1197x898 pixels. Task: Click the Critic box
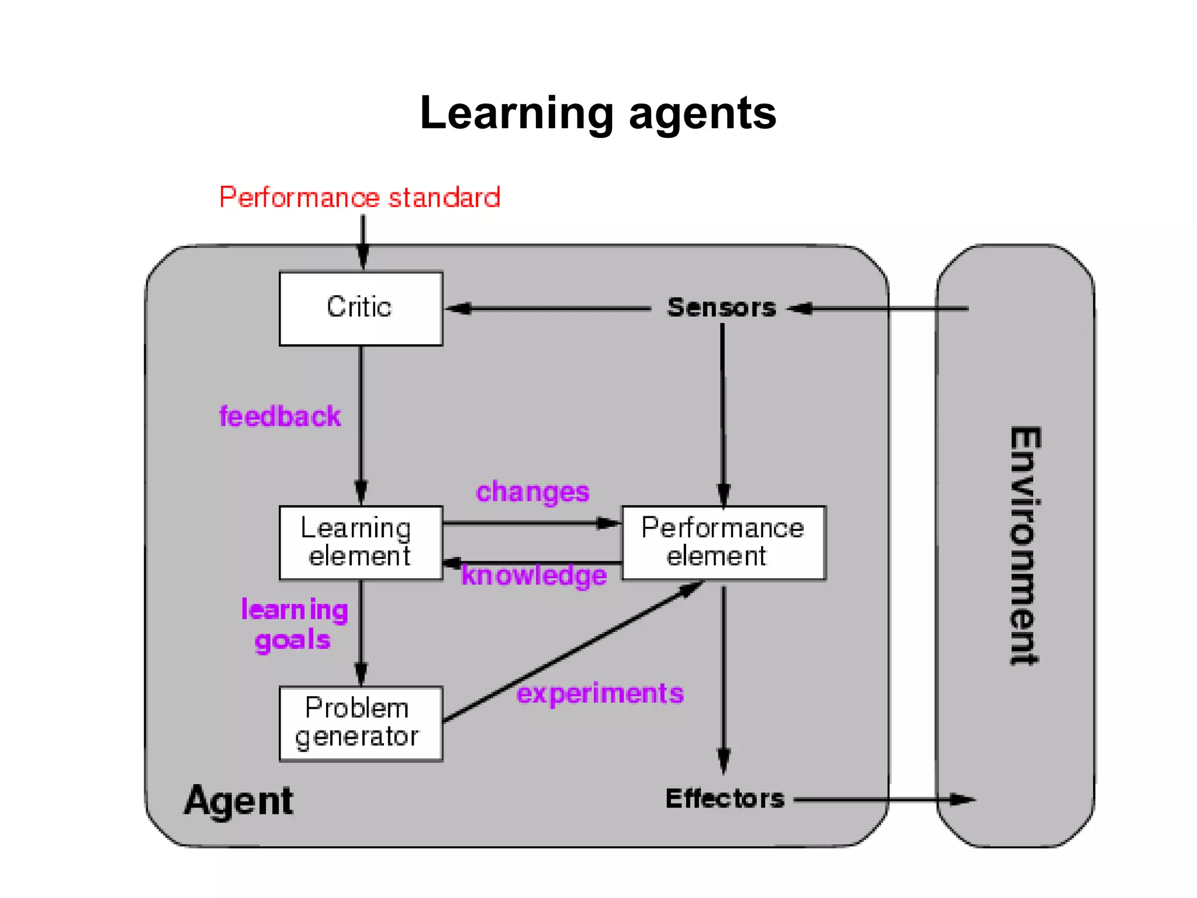pyautogui.click(x=361, y=309)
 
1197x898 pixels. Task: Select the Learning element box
pyautogui.click(x=361, y=543)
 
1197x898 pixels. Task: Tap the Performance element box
pyautogui.click(x=724, y=543)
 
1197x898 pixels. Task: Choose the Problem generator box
pyautogui.click(x=361, y=723)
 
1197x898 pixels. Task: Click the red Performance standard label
pyautogui.click(x=359, y=198)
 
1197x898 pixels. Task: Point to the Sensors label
pyautogui.click(x=722, y=308)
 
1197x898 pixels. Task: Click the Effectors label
pyautogui.click(x=725, y=799)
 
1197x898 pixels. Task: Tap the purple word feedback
pyautogui.click(x=279, y=416)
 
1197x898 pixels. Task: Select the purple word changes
pyautogui.click(x=532, y=492)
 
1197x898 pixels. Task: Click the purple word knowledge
pyautogui.click(x=534, y=575)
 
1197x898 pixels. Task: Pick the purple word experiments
pyautogui.click(x=600, y=694)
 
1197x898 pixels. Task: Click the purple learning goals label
pyautogui.click(x=294, y=624)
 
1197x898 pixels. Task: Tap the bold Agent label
pyautogui.click(x=238, y=800)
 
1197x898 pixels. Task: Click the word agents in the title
pyautogui.click(x=703, y=113)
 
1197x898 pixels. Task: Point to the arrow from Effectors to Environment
pyautogui.click(x=883, y=799)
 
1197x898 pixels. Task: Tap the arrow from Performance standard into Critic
pyautogui.click(x=363, y=241)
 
